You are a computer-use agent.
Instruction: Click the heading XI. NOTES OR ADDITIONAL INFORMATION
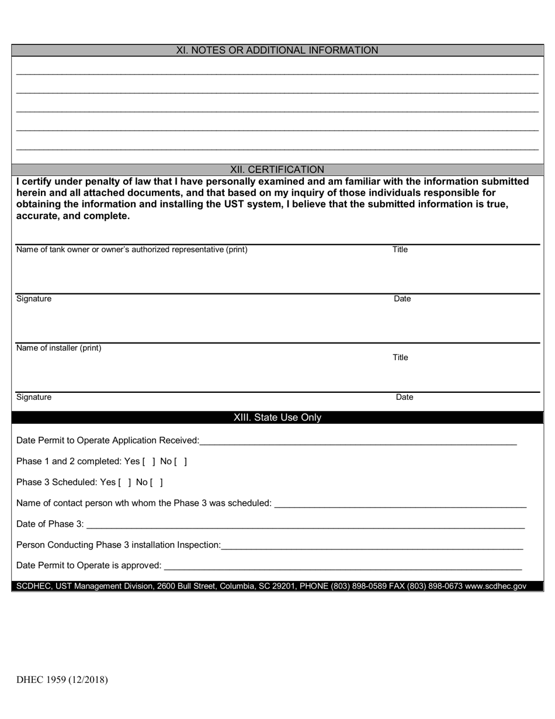pyautogui.click(x=277, y=50)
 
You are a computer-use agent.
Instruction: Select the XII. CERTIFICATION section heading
pyautogui.click(x=277, y=170)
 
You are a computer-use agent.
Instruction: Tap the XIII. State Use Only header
pyautogui.click(x=277, y=417)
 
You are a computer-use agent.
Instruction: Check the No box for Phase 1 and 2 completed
pyautogui.click(x=181, y=461)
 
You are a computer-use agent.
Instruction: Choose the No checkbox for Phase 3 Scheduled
pyautogui.click(x=157, y=482)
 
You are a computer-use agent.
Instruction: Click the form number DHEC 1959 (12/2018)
pyautogui.click(x=62, y=679)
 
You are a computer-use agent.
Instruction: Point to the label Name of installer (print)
pyautogui.click(x=58, y=348)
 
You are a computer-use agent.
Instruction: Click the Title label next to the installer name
pyautogui.click(x=400, y=357)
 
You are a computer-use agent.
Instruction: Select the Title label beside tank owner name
pyautogui.click(x=400, y=250)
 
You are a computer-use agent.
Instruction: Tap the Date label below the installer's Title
pyautogui.click(x=404, y=397)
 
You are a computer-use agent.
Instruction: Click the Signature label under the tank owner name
pyautogui.click(x=34, y=299)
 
